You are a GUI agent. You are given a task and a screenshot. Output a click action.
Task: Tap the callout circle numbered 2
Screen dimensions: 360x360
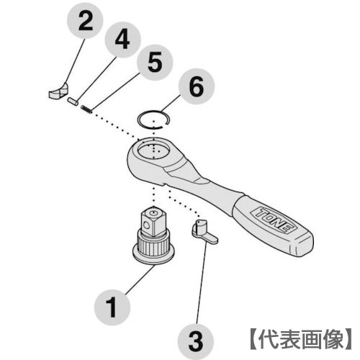pyautogui.click(x=86, y=21)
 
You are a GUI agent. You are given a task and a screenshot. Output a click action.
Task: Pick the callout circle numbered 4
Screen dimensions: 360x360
pyautogui.click(x=122, y=40)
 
